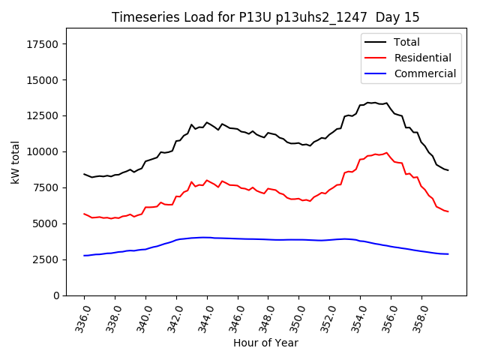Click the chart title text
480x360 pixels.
pyautogui.click(x=265, y=17)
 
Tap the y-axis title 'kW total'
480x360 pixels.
pyautogui.click(x=15, y=162)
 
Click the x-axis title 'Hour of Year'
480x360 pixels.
pyautogui.click(x=265, y=343)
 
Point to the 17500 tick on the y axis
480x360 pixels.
pyautogui.click(x=43, y=44)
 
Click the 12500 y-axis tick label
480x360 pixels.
pyautogui.click(x=43, y=116)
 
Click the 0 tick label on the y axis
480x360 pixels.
pyautogui.click(x=57, y=295)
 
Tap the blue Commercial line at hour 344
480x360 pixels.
pyautogui.click(x=207, y=237)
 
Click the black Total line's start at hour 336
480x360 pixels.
pyautogui.click(x=84, y=174)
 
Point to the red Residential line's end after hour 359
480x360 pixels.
pyautogui.click(x=448, y=211)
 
